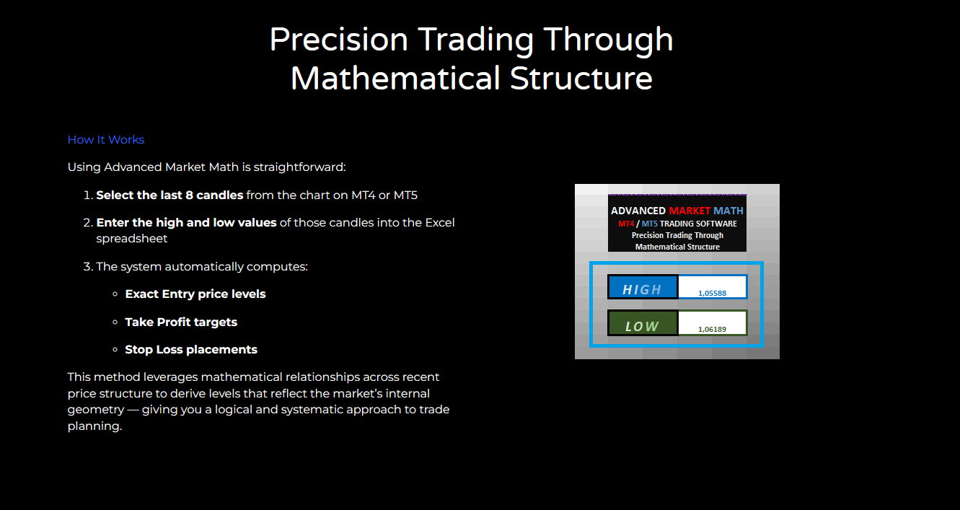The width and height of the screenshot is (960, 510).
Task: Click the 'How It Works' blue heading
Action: pos(106,140)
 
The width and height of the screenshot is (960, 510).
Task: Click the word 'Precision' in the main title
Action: pos(338,40)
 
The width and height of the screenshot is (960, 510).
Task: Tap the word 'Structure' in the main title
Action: pos(581,79)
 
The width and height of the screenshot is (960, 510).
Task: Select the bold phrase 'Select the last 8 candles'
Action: pos(169,195)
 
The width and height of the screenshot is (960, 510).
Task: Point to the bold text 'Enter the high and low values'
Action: pos(186,223)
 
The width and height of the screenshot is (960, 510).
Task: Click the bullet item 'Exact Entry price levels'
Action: pos(195,294)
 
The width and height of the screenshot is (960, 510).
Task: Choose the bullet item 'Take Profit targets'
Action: pos(181,322)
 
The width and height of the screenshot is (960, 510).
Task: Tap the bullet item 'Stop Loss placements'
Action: pos(191,350)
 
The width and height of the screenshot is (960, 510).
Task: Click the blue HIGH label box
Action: pos(643,286)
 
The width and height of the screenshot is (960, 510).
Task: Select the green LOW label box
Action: pos(643,322)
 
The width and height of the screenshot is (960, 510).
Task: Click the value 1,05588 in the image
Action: pos(713,293)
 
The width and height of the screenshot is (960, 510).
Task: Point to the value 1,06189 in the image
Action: pos(713,329)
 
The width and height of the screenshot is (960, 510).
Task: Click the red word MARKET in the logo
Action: pos(690,211)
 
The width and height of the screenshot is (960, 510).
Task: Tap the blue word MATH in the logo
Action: pos(728,211)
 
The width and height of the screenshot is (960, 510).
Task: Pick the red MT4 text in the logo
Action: pos(626,224)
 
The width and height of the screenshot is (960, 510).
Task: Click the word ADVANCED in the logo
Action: pos(638,211)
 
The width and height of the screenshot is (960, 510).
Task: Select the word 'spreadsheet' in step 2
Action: pos(131,239)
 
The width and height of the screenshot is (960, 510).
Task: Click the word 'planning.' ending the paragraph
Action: pos(94,426)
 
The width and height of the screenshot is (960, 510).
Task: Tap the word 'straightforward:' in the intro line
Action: pos(299,167)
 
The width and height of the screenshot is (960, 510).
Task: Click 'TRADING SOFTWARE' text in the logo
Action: pos(699,224)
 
